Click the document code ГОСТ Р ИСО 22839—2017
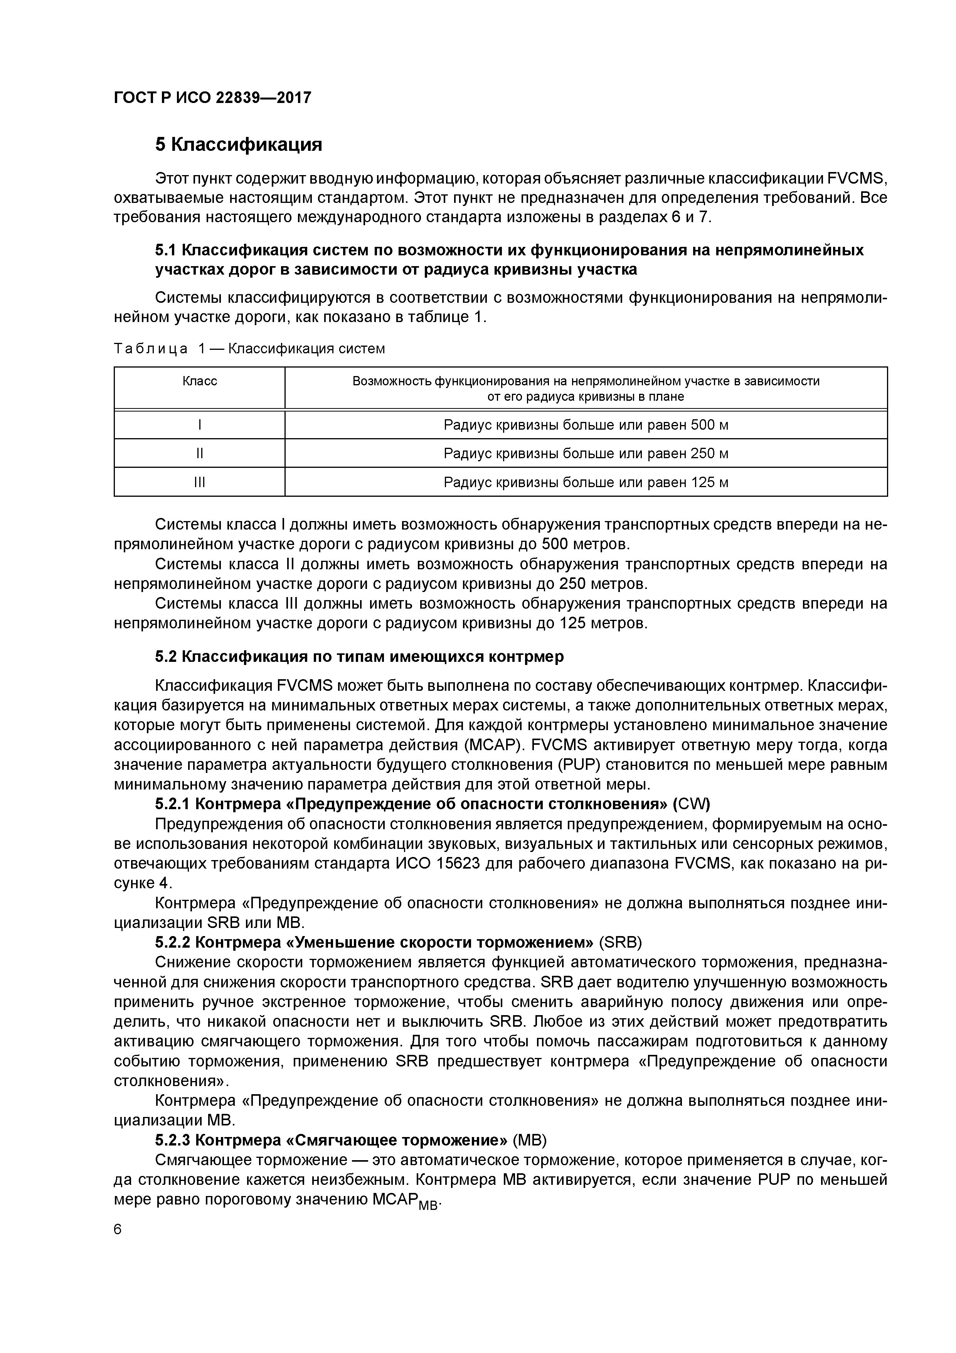(x=212, y=97)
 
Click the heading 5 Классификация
(x=239, y=144)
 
